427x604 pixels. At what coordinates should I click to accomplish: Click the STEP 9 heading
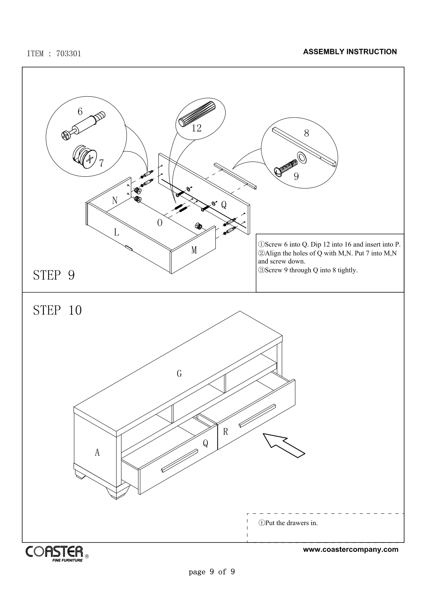click(x=54, y=275)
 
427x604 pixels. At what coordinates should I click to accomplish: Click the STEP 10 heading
click(x=57, y=310)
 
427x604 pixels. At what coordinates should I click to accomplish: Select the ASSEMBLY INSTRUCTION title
click(x=350, y=52)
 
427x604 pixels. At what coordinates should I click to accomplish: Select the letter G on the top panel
click(x=179, y=374)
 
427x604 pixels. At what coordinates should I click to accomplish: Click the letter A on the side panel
click(x=97, y=452)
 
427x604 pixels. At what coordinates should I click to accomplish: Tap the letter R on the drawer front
click(x=226, y=432)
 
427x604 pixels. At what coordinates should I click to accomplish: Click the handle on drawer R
click(x=257, y=416)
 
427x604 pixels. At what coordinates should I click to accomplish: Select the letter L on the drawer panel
click(x=117, y=232)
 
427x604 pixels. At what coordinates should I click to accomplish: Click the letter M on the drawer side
click(x=194, y=250)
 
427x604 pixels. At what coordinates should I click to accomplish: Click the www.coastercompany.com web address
click(x=350, y=549)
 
